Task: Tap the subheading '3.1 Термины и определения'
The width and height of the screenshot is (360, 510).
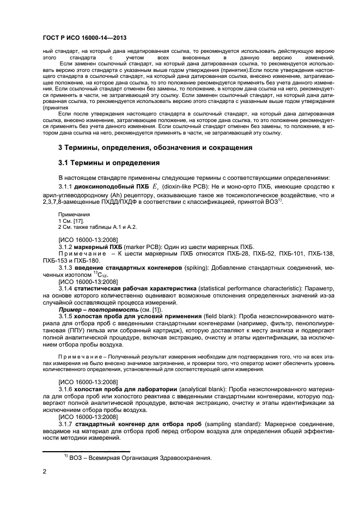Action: point(108,163)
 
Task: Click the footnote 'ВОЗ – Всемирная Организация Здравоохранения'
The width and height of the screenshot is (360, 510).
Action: point(139,457)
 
